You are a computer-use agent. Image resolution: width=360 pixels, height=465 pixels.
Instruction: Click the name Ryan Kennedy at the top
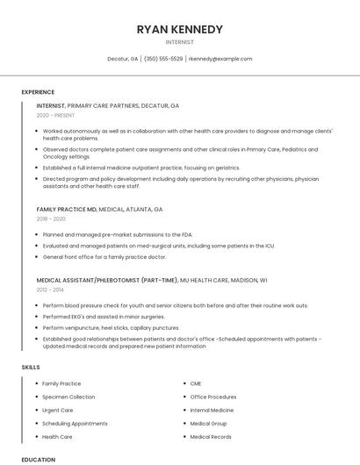point(180,29)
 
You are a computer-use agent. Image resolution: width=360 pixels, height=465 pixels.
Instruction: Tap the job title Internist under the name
point(180,42)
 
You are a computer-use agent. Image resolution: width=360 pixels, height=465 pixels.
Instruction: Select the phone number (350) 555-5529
point(163,59)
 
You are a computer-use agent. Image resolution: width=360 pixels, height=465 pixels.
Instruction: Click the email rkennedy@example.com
point(220,59)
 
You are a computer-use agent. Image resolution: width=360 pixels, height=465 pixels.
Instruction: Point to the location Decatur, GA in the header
point(123,59)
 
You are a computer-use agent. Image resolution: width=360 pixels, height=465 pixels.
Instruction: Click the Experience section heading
point(38,92)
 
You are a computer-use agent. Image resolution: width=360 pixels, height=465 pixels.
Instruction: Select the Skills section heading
point(31,366)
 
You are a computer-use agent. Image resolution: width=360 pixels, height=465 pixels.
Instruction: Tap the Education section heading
point(39,459)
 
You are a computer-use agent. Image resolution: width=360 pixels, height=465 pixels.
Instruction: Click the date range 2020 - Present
point(55,115)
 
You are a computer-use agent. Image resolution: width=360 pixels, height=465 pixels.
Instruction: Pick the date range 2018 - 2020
point(51,219)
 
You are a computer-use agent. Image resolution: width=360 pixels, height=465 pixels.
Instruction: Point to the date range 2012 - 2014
point(50,290)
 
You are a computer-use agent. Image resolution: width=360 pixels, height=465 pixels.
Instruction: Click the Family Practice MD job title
point(67,210)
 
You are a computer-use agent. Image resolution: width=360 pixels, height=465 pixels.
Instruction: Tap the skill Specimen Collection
point(68,397)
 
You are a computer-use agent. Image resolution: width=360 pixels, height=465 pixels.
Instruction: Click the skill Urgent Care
point(58,410)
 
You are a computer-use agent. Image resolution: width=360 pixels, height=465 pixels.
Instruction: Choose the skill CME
point(196,383)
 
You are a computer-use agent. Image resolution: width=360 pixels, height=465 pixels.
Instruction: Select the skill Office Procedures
point(213,397)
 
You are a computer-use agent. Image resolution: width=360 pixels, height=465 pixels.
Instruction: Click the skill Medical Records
point(211,436)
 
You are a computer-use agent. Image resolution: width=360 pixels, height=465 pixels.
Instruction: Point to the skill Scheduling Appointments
point(75,423)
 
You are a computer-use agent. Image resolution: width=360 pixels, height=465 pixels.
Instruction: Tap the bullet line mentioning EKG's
point(91,316)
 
